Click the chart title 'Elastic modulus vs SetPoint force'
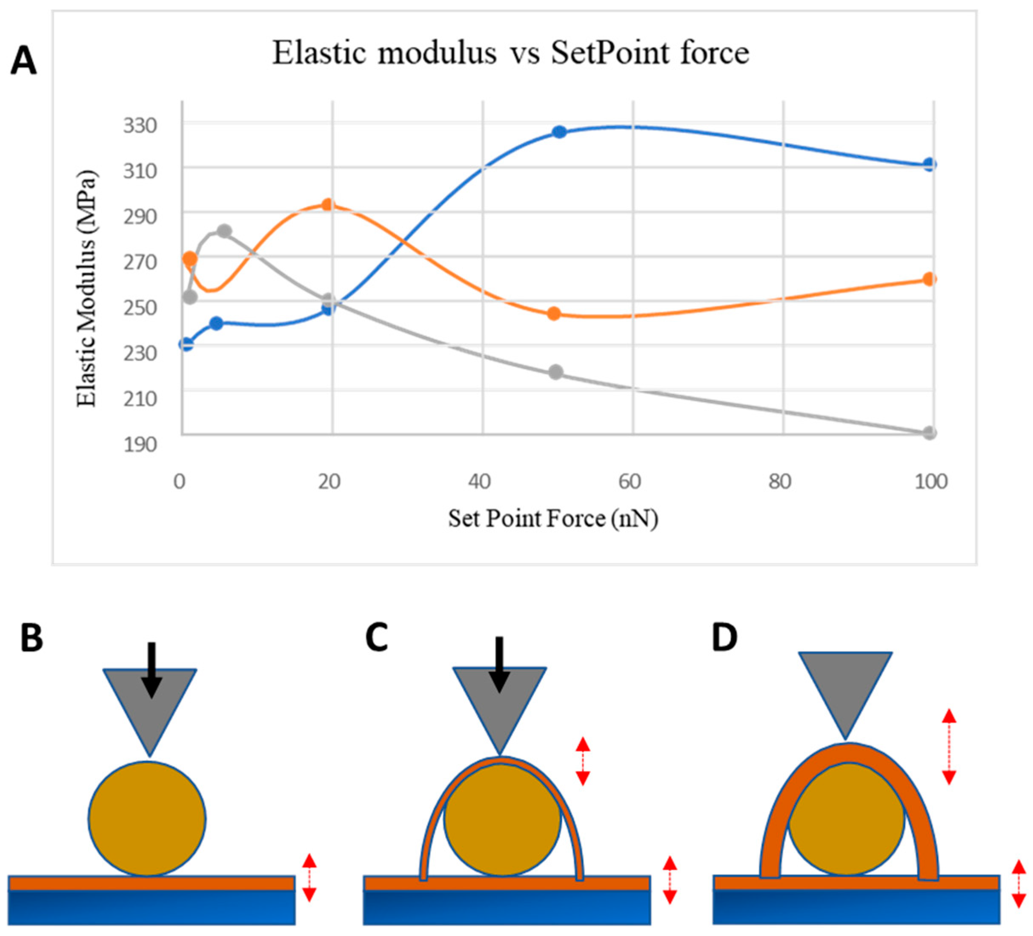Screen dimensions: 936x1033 510,53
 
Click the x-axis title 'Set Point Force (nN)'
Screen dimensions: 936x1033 553,519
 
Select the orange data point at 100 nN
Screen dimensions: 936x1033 930,279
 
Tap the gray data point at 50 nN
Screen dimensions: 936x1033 555,372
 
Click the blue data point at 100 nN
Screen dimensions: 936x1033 930,165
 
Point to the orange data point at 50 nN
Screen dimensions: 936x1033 554,314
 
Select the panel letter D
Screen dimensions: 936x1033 724,638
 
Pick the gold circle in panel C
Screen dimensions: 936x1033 502,819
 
